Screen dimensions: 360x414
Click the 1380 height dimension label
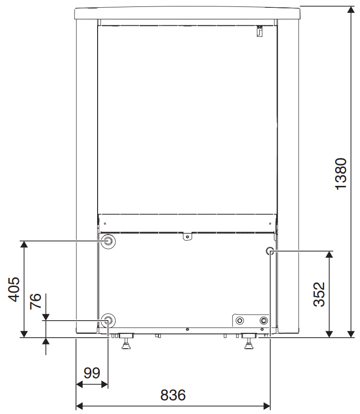341,174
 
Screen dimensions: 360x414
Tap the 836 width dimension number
173,395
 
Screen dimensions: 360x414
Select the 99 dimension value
92,373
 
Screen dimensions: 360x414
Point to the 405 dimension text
14,289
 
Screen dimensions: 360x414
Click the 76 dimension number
35,301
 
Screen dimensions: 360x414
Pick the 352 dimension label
319,294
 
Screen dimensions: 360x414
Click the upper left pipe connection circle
108,241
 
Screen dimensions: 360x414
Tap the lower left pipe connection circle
108,321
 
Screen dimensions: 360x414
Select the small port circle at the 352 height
270,251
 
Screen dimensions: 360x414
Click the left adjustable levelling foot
126,341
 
